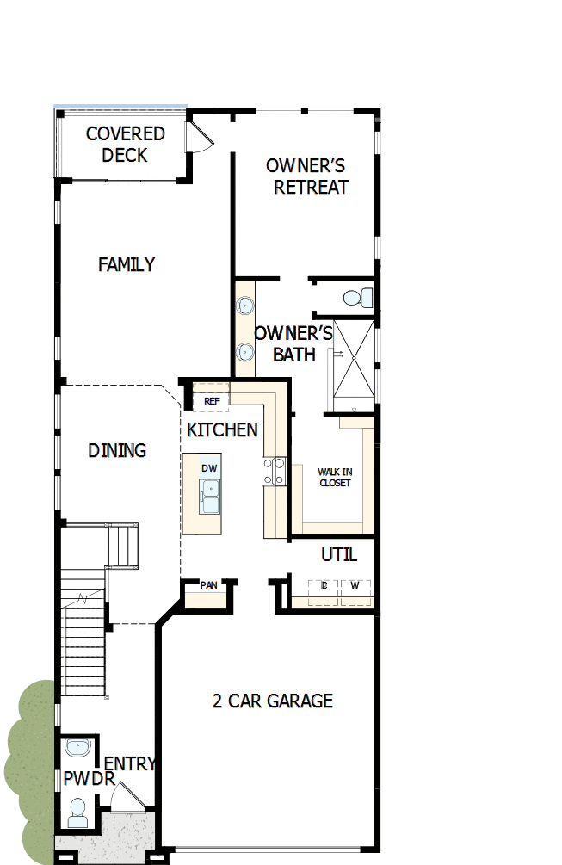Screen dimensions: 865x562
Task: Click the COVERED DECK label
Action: [125, 145]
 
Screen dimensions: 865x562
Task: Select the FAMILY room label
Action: [127, 265]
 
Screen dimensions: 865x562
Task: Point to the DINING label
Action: [117, 451]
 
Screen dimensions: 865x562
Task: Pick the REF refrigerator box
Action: [211, 401]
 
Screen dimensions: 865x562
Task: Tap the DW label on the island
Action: [209, 468]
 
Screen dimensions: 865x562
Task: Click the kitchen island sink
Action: [209, 497]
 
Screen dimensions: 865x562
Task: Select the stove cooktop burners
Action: [275, 471]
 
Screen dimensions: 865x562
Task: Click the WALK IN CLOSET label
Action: [334, 478]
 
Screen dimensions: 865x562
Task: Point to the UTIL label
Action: [338, 555]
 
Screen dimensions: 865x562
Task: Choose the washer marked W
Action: [355, 586]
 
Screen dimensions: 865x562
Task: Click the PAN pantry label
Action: [208, 585]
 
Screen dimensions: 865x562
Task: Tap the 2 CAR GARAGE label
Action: [272, 701]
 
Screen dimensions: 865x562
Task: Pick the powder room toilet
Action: [77, 811]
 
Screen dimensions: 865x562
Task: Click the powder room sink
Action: [77, 747]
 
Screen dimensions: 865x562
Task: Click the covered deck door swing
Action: [200, 136]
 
